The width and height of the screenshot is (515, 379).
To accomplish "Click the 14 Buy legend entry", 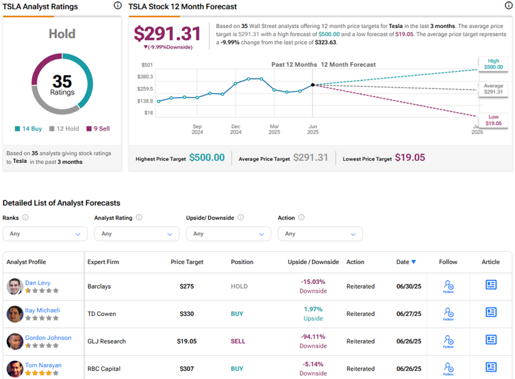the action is pyautogui.click(x=29, y=129).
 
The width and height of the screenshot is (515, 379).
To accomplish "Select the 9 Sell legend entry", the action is pyautogui.click(x=98, y=129).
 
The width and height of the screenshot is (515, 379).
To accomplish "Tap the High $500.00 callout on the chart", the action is pyautogui.click(x=493, y=64).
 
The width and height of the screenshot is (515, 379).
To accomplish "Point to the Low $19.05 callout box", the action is pyautogui.click(x=493, y=120).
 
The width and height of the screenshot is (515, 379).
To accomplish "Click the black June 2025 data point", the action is pyautogui.click(x=313, y=85).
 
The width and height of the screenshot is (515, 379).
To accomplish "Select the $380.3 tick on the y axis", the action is pyautogui.click(x=145, y=77).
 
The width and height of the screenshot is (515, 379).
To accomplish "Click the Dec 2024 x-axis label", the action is pyautogui.click(x=236, y=129).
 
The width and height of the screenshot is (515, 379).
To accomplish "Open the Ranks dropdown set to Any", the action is pyautogui.click(x=45, y=234).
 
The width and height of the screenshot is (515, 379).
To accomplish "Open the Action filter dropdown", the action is pyautogui.click(x=321, y=234).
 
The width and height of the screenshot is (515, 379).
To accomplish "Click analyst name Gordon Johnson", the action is pyautogui.click(x=48, y=338).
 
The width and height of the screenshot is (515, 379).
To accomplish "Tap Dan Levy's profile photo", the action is pyautogui.click(x=15, y=287).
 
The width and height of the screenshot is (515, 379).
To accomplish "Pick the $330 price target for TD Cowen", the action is pyautogui.click(x=186, y=314).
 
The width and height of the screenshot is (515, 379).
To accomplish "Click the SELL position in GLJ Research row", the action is pyautogui.click(x=238, y=341).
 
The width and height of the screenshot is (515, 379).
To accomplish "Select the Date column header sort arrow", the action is pyautogui.click(x=414, y=262).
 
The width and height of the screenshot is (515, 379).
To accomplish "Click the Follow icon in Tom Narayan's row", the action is pyautogui.click(x=449, y=369).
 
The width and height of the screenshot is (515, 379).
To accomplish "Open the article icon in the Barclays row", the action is pyautogui.click(x=491, y=285).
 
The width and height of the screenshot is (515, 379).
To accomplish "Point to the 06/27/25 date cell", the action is pyautogui.click(x=409, y=314).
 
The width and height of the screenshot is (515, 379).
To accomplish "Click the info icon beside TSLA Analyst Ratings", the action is pyautogui.click(x=118, y=5).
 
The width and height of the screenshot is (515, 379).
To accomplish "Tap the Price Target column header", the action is pyautogui.click(x=187, y=262).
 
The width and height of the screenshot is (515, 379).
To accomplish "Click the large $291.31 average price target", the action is pyautogui.click(x=167, y=34).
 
